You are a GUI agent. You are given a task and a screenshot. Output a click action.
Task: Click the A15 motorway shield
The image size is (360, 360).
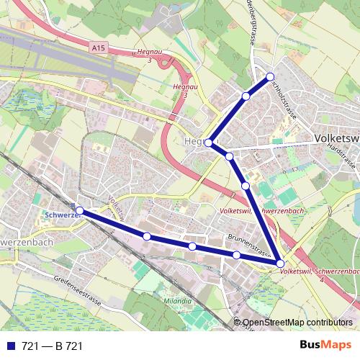(98, 47)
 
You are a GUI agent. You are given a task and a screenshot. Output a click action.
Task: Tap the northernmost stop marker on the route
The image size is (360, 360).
(270, 76)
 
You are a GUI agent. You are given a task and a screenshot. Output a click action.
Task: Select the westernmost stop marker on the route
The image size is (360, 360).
(79, 211)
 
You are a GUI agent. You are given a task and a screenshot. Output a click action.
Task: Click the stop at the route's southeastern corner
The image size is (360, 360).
(280, 264)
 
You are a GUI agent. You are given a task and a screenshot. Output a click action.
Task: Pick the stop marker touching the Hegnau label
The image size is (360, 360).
(209, 143)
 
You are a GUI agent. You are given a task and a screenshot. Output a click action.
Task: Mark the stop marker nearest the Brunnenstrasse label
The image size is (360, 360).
(236, 255)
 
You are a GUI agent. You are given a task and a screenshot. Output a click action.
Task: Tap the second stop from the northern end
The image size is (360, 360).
(246, 96)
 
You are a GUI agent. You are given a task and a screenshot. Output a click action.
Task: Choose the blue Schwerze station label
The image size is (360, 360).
(59, 215)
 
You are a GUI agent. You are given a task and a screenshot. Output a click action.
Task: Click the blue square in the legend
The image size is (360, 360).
(10, 346)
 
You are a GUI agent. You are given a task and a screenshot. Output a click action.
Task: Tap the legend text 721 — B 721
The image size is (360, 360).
(52, 346)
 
